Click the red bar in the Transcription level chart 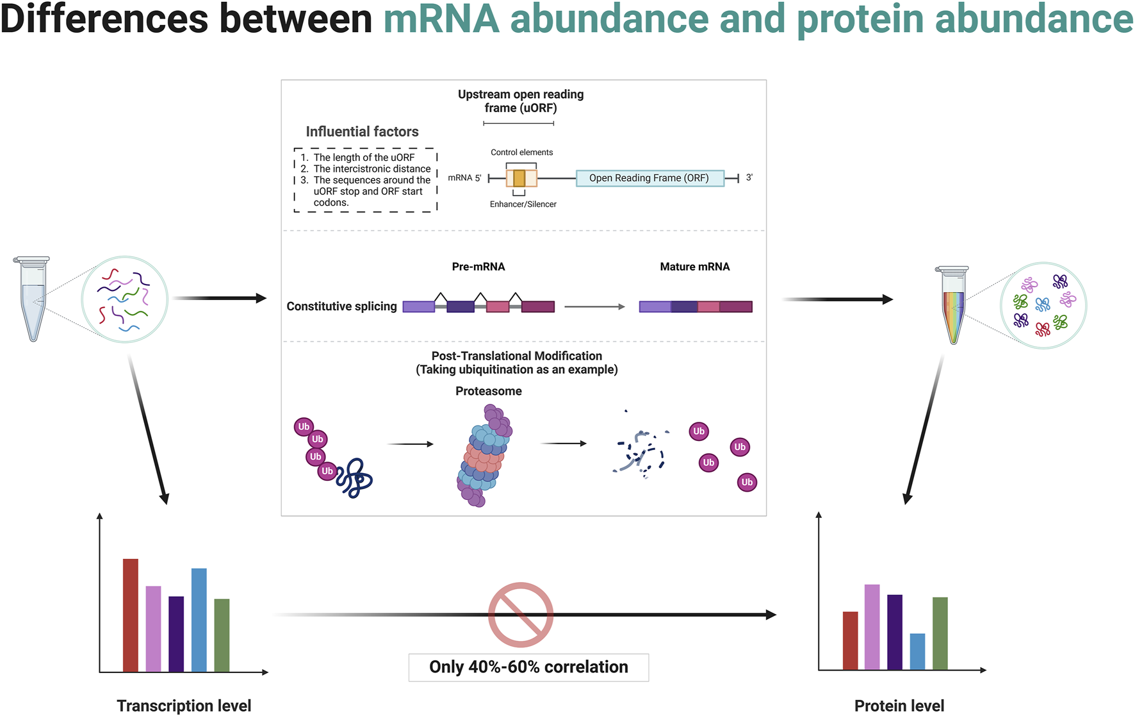coord(131,615)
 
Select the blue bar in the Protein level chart coord(917,651)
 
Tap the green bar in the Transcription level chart coord(222,635)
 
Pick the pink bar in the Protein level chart coord(872,627)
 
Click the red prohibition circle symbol coord(521,615)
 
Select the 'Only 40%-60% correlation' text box coord(528,667)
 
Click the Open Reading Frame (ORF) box coord(649,178)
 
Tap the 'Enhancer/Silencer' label coord(523,204)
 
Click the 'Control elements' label coord(521,153)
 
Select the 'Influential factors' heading coord(362,132)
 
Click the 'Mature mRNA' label coord(694,267)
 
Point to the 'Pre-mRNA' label coord(478,267)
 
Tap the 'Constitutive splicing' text coord(341,306)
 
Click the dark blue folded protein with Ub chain coord(355,478)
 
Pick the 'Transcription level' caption coord(184,706)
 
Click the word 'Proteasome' coord(488,391)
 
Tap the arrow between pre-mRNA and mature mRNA coord(594,307)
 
